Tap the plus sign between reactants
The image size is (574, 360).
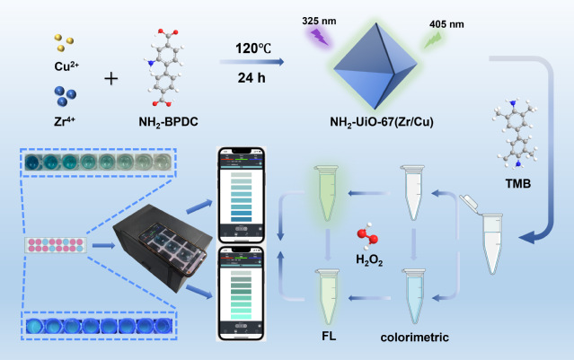(112, 78)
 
